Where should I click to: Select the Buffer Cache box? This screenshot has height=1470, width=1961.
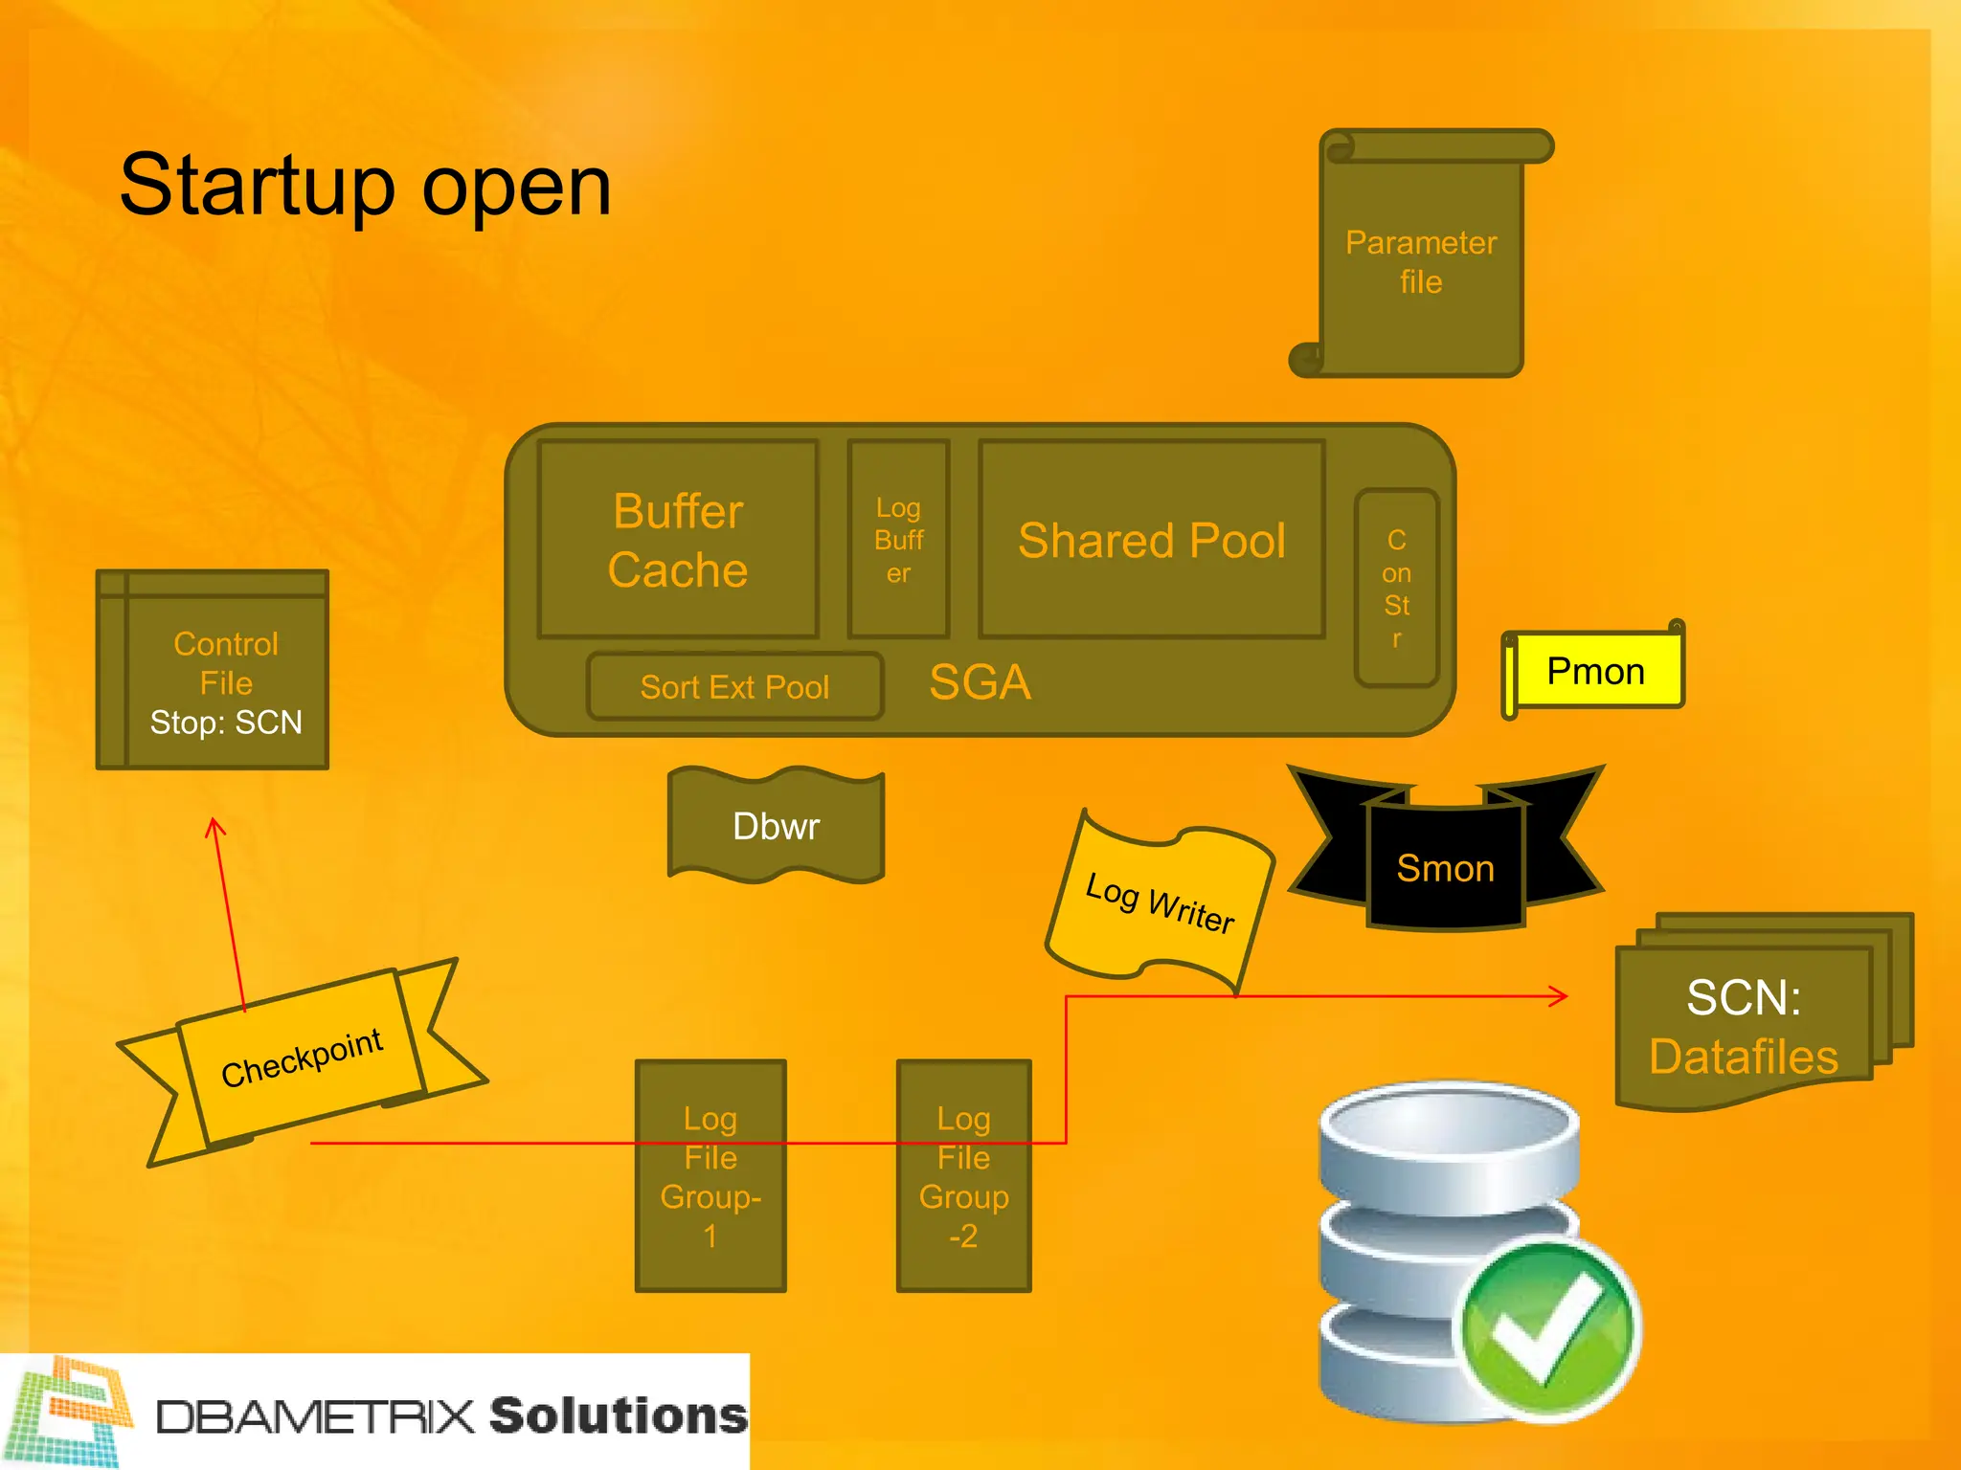click(x=678, y=540)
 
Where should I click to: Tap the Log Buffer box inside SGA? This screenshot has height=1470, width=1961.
click(x=898, y=540)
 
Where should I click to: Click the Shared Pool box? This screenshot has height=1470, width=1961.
click(x=1151, y=540)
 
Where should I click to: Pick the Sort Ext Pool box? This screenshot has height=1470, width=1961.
click(x=734, y=686)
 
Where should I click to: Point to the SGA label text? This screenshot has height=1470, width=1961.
click(x=980, y=682)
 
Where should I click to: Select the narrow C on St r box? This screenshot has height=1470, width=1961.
click(x=1396, y=588)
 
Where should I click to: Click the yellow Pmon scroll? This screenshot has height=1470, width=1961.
click(x=1595, y=672)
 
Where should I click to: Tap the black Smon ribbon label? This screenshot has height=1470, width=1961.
click(x=1445, y=868)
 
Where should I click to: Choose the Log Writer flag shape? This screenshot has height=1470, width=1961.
click(x=1160, y=902)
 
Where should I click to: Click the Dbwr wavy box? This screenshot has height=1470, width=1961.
click(x=776, y=826)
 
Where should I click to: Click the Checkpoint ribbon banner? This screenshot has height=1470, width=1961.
click(x=302, y=1058)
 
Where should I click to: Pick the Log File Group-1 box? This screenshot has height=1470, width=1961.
click(x=710, y=1176)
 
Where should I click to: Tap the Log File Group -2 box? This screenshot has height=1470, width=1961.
click(x=963, y=1176)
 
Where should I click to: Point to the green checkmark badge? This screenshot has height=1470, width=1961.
click(x=1545, y=1327)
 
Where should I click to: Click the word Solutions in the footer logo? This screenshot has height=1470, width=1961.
click(x=618, y=1415)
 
